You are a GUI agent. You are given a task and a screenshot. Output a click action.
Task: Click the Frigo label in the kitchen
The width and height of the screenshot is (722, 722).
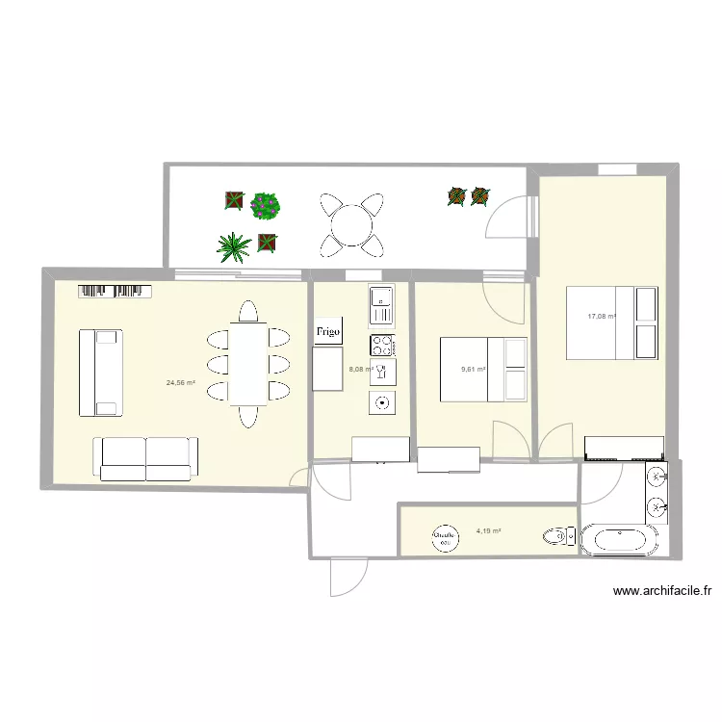point(328,331)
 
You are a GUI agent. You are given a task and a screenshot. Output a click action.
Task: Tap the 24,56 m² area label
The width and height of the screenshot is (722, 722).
point(180,383)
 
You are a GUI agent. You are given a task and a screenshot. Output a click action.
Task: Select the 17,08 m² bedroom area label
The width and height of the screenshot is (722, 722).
point(603,316)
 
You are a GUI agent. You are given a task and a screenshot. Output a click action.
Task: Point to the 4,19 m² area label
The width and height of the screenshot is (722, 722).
point(488,530)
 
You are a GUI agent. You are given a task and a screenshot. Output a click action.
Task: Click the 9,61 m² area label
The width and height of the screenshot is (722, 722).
point(473,369)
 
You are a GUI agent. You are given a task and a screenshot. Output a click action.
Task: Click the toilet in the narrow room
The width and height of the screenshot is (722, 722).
point(556,536)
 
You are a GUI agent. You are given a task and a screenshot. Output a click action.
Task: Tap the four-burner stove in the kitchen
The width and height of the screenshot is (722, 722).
point(382,344)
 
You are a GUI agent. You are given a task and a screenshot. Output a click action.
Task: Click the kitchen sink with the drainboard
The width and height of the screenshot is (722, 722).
point(381,305)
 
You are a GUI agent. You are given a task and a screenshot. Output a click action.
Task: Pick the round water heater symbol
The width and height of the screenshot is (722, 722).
point(444,537)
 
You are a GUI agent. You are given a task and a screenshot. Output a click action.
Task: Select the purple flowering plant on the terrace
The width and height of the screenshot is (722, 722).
point(266,204)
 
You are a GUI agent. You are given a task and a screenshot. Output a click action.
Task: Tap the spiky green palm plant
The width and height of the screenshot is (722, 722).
point(233,248)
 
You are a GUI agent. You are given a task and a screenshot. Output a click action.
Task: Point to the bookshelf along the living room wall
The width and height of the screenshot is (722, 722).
point(116,290)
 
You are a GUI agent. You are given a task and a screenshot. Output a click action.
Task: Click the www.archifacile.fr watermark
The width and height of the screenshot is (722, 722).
point(666,593)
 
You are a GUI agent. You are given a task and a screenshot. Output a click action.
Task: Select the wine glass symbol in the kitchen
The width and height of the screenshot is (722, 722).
point(382,372)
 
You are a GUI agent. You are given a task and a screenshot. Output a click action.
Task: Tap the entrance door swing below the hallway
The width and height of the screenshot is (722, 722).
point(347,578)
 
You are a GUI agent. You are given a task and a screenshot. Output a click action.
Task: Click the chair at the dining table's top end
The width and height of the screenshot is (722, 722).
point(248,312)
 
